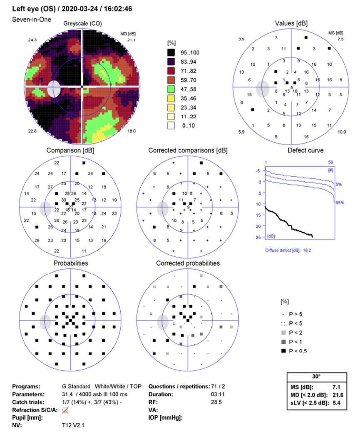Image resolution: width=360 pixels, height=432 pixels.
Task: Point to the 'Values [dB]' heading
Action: (291, 24)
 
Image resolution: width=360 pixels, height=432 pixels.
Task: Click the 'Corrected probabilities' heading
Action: (188, 263)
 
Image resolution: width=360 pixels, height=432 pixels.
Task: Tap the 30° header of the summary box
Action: (317, 377)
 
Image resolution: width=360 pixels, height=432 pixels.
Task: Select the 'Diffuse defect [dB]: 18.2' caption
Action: (288, 251)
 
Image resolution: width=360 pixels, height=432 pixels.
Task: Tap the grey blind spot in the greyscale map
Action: (54, 89)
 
